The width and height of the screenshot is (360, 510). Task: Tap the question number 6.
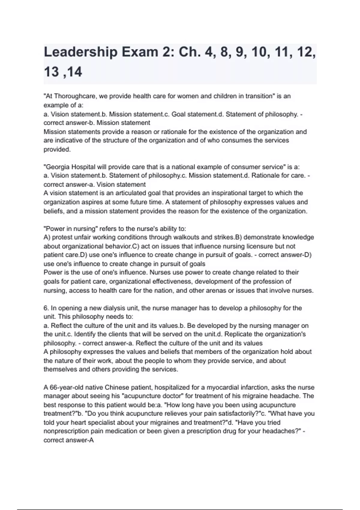tap(46, 308)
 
